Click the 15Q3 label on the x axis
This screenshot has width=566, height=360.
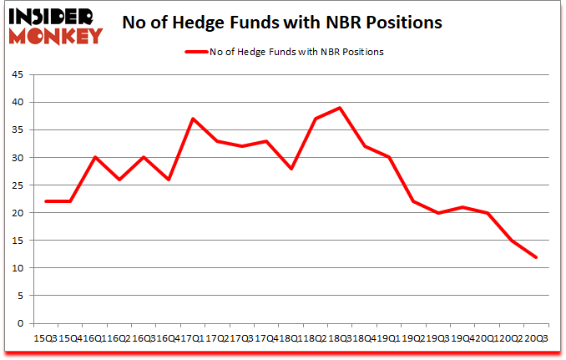point(44,337)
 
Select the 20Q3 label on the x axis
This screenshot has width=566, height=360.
point(534,337)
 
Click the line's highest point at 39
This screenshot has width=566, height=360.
point(340,108)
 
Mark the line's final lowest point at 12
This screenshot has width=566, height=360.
point(534,256)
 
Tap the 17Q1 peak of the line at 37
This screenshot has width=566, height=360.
point(194,119)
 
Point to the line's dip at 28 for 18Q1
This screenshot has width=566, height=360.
point(291,169)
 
